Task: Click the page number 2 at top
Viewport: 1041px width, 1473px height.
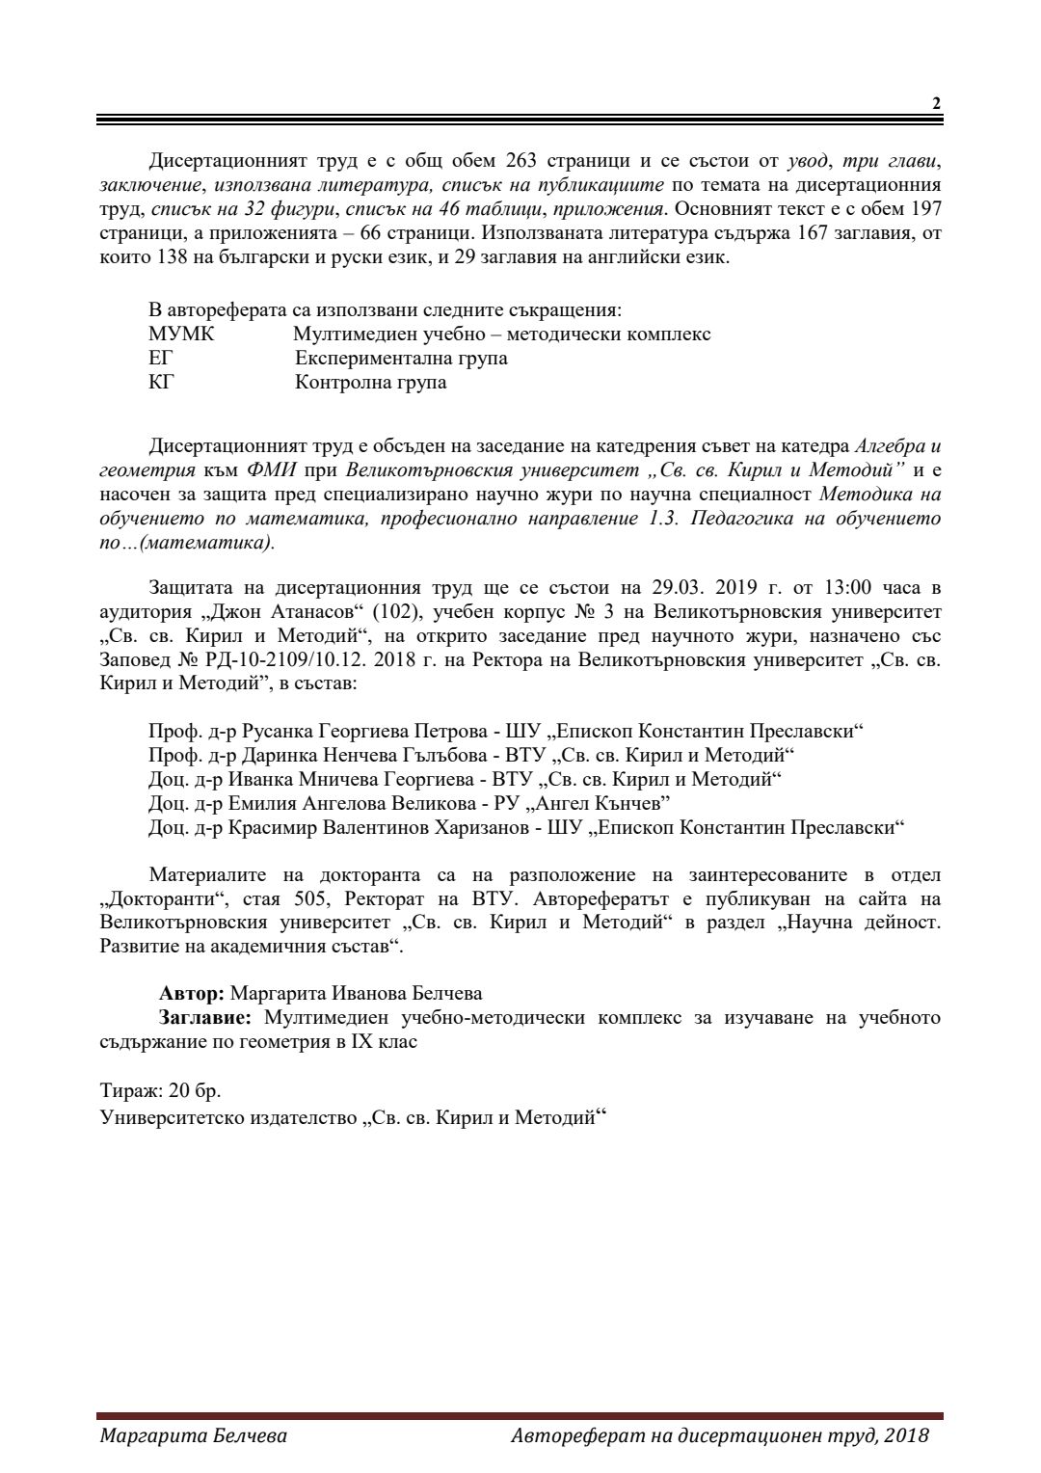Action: pos(936,104)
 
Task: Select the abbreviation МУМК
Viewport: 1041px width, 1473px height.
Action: pos(182,335)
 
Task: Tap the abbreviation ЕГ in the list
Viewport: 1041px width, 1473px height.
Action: pos(161,359)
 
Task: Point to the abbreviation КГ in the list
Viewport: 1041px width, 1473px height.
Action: pos(161,383)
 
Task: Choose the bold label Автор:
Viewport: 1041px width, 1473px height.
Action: pos(192,994)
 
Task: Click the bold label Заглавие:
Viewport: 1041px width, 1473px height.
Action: pos(205,1018)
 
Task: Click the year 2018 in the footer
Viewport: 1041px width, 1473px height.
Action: pos(907,1436)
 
